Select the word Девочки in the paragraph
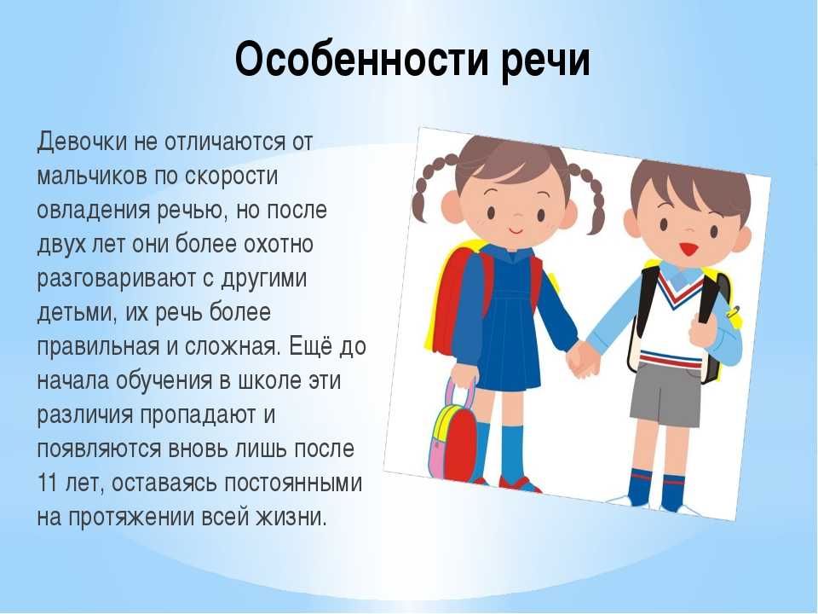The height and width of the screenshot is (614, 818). point(82,142)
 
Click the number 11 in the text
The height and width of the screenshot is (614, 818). point(46,483)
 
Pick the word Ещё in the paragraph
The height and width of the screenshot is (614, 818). point(311,346)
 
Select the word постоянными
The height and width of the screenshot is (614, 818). point(293,483)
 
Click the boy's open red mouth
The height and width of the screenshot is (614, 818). point(688,249)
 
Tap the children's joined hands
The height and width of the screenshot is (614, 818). point(582,360)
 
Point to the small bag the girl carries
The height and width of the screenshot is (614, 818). point(452,434)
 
